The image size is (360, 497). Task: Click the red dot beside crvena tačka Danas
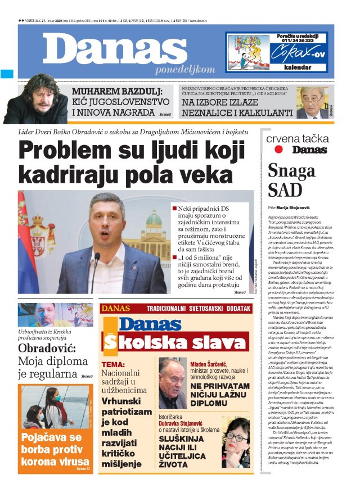pyautogui.click(x=278, y=150)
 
